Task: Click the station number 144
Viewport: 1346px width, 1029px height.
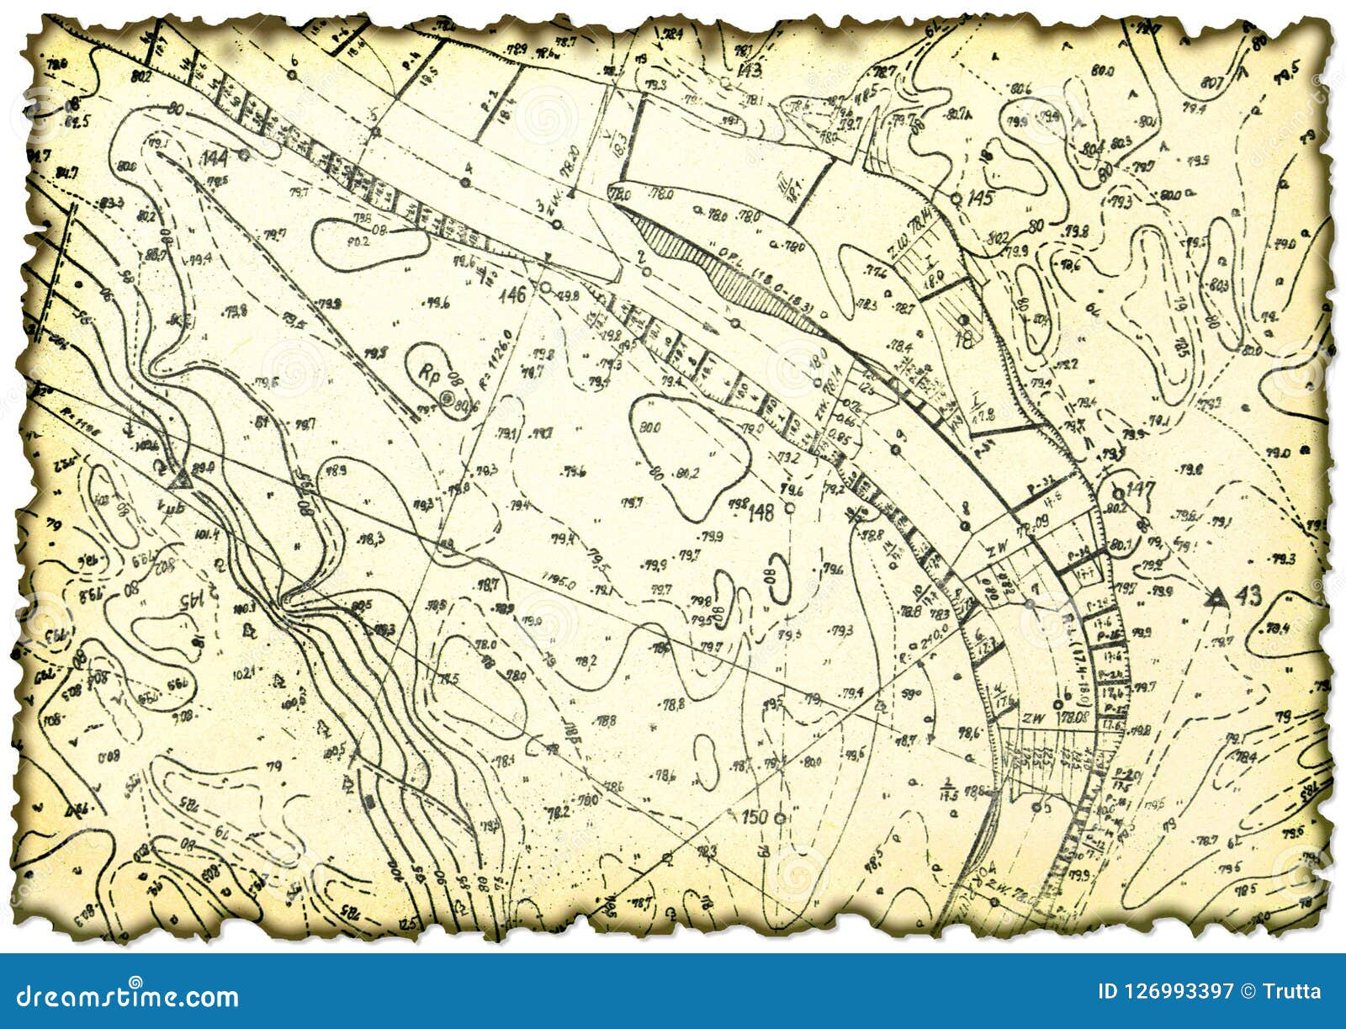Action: coord(216,156)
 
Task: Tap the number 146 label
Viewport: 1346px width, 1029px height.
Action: coord(511,294)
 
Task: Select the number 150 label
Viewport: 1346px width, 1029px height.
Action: coord(755,815)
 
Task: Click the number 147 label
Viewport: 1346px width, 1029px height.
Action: coord(1142,489)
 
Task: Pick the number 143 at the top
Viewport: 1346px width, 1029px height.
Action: coord(747,69)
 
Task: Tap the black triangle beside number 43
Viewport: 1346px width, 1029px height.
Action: coord(1214,597)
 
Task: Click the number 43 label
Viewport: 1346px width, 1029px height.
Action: coord(1248,597)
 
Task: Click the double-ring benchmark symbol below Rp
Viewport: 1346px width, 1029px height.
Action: coord(446,399)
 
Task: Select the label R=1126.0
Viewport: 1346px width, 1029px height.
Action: coord(490,358)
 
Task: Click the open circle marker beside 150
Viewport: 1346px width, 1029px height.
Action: coord(781,817)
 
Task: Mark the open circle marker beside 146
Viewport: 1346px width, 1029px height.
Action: coord(544,288)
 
